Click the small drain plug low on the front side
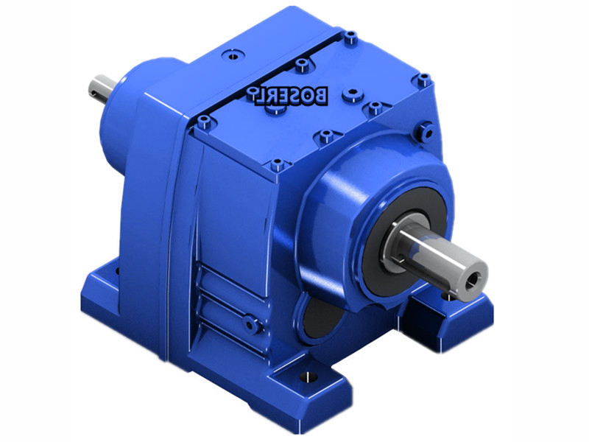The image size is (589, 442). (251, 323)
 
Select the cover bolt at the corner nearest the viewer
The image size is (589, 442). (277, 164)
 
